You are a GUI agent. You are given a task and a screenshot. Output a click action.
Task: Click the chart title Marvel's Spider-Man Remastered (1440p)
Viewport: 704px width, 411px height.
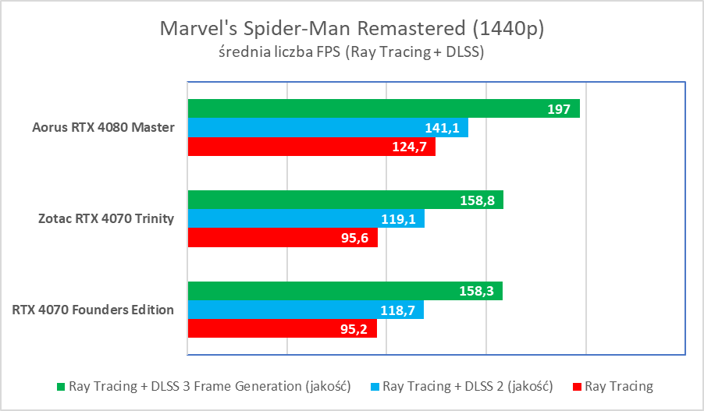tap(351, 29)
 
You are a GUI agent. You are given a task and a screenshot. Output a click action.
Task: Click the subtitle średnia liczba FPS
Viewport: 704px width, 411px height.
tap(351, 53)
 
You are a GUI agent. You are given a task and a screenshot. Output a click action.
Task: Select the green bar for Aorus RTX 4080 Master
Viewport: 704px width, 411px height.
tap(383, 109)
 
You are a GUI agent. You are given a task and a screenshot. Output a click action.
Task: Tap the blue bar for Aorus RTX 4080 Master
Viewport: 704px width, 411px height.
tap(328, 128)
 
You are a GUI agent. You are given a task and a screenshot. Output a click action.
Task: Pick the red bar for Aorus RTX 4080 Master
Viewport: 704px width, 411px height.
tap(311, 147)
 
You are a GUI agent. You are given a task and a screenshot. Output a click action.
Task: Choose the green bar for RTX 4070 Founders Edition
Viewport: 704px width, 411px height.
tap(344, 292)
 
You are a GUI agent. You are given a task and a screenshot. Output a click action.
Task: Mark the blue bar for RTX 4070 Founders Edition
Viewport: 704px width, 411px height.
tap(305, 310)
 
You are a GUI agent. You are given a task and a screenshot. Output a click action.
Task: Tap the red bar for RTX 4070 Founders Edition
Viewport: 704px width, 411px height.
tap(282, 329)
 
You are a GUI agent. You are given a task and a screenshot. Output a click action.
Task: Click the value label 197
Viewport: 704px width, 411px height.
tap(558, 109)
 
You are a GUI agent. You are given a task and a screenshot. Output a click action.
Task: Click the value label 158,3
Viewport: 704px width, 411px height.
tap(476, 292)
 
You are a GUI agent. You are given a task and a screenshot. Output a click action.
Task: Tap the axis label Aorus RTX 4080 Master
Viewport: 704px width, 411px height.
tap(103, 128)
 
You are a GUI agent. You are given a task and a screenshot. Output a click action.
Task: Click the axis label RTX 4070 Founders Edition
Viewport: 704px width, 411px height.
tap(93, 310)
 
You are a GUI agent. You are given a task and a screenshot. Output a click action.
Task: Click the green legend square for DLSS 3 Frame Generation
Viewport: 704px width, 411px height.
tap(62, 386)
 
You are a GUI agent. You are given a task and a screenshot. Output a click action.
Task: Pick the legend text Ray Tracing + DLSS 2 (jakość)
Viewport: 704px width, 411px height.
tap(468, 386)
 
